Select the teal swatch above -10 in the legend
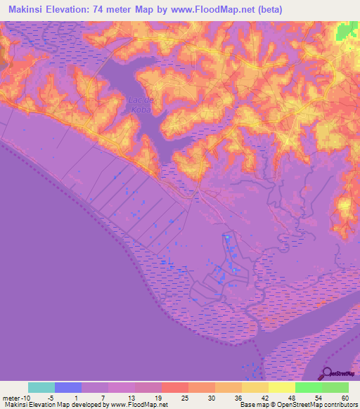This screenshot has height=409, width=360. [41, 387]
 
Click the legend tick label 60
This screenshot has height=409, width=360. [345, 398]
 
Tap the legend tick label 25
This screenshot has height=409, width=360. [185, 398]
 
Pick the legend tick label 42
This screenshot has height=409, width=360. [265, 398]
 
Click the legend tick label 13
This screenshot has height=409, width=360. [131, 398]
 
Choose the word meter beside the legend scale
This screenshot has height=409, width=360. [13, 398]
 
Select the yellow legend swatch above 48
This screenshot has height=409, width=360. [282, 387]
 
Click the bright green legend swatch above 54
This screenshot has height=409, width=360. [309, 387]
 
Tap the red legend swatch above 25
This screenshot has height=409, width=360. [175, 387]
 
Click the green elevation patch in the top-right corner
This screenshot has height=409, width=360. [345, 32]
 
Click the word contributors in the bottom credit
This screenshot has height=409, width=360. [337, 405]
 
